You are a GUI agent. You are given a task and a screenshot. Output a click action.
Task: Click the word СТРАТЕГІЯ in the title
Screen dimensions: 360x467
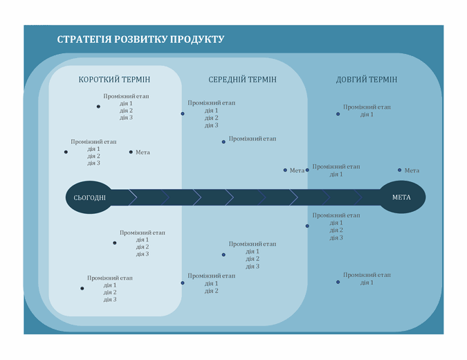click(83, 39)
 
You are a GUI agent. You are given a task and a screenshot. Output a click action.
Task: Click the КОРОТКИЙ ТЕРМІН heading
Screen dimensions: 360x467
click(115, 80)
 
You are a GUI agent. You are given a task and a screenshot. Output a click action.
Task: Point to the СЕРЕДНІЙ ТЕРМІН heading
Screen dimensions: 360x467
click(242, 80)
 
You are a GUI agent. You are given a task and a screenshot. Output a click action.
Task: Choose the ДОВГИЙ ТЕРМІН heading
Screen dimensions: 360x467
click(367, 80)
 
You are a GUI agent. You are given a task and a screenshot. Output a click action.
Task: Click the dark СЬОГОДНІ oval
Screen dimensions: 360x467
click(90, 198)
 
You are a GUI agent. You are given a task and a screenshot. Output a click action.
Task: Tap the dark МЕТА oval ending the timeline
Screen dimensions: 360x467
click(401, 197)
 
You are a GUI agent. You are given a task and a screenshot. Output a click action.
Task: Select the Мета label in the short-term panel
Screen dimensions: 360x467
click(143, 152)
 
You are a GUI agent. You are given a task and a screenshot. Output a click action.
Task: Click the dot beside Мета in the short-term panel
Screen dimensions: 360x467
click(131, 152)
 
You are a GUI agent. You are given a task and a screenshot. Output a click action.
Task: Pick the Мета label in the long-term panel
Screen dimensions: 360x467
click(412, 170)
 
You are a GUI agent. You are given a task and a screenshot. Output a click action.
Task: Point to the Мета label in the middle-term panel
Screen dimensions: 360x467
click(297, 170)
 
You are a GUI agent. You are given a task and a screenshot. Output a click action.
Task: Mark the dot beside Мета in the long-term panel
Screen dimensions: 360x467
click(400, 170)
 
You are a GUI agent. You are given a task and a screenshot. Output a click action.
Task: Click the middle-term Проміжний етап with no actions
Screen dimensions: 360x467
click(253, 139)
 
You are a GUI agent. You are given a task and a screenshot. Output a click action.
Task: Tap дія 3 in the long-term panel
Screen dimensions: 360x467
click(336, 238)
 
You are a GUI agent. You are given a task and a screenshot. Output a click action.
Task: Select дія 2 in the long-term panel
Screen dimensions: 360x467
click(336, 231)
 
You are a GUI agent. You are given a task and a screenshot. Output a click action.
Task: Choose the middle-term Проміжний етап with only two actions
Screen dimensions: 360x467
click(212, 276)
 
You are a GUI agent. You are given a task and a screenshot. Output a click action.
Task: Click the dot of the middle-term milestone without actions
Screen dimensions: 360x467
click(223, 142)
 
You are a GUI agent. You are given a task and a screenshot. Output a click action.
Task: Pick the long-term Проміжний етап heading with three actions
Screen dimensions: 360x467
click(336, 215)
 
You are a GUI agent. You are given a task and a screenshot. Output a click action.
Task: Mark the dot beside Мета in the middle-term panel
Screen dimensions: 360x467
click(285, 170)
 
